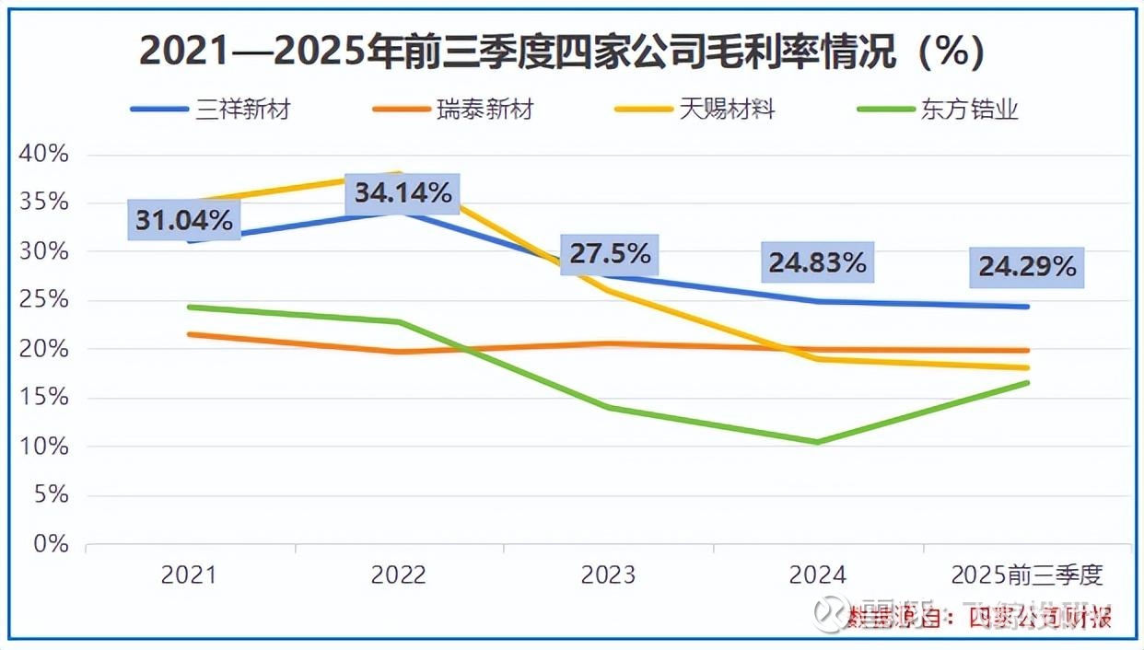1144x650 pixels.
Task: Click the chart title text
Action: [x=562, y=52]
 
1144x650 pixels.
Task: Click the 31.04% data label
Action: [x=184, y=221]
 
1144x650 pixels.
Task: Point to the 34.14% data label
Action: [x=403, y=193]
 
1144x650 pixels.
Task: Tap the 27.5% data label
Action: [x=610, y=253]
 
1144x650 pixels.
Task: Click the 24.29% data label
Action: [x=1027, y=267]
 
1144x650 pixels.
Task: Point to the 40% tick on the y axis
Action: [x=44, y=154]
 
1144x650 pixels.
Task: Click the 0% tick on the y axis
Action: [x=51, y=544]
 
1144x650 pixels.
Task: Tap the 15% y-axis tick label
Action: [x=44, y=398]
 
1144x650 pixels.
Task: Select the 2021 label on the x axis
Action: [x=188, y=575]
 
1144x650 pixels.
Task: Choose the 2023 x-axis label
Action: [x=608, y=575]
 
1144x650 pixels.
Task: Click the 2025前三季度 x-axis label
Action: [x=1027, y=575]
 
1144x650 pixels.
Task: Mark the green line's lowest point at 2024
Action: [x=817, y=442]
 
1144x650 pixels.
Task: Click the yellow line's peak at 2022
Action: [x=398, y=173]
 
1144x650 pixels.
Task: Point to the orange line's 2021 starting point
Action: [x=189, y=334]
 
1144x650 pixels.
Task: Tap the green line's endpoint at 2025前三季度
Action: [x=1027, y=383]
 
